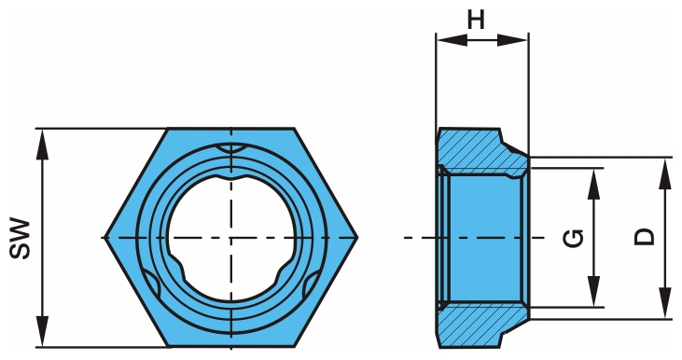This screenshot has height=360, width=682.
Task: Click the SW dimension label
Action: pos(21,239)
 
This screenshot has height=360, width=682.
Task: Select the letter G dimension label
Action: pos(575,238)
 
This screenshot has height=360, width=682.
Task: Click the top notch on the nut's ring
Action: pos(230,149)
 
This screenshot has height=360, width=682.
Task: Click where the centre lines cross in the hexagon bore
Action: pos(230,238)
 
